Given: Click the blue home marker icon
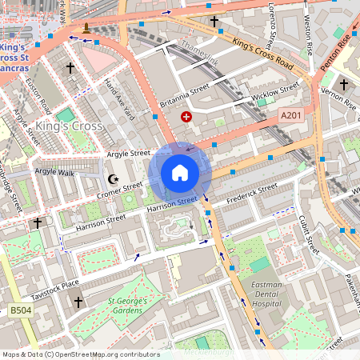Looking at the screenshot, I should [180, 172].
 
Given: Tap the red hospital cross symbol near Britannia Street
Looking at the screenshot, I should [186, 117].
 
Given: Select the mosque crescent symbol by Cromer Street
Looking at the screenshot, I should [113, 179].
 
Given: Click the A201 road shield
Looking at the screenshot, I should [291, 117].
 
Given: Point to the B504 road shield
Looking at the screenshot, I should [21, 310].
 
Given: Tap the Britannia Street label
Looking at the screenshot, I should [184, 94].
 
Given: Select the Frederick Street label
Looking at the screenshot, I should [251, 192].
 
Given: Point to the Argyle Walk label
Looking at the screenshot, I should [54, 172].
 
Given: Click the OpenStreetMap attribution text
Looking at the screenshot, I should [80, 354].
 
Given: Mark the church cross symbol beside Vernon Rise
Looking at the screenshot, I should [344, 84].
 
